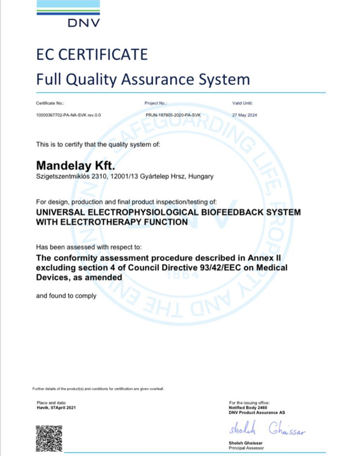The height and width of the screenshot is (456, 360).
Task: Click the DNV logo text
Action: coord(84,22)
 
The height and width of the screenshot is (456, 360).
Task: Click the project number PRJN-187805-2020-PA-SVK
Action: coord(173,115)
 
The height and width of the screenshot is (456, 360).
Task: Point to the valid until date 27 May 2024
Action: coord(244,115)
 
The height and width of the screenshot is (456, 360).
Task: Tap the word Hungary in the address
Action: coord(201,176)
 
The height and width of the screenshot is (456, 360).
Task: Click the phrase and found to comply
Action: coord(66,296)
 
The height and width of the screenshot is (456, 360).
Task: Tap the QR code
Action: coord(49,437)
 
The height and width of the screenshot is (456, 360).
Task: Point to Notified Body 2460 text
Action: coord(248,407)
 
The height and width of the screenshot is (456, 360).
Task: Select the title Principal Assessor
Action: coord(245,447)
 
